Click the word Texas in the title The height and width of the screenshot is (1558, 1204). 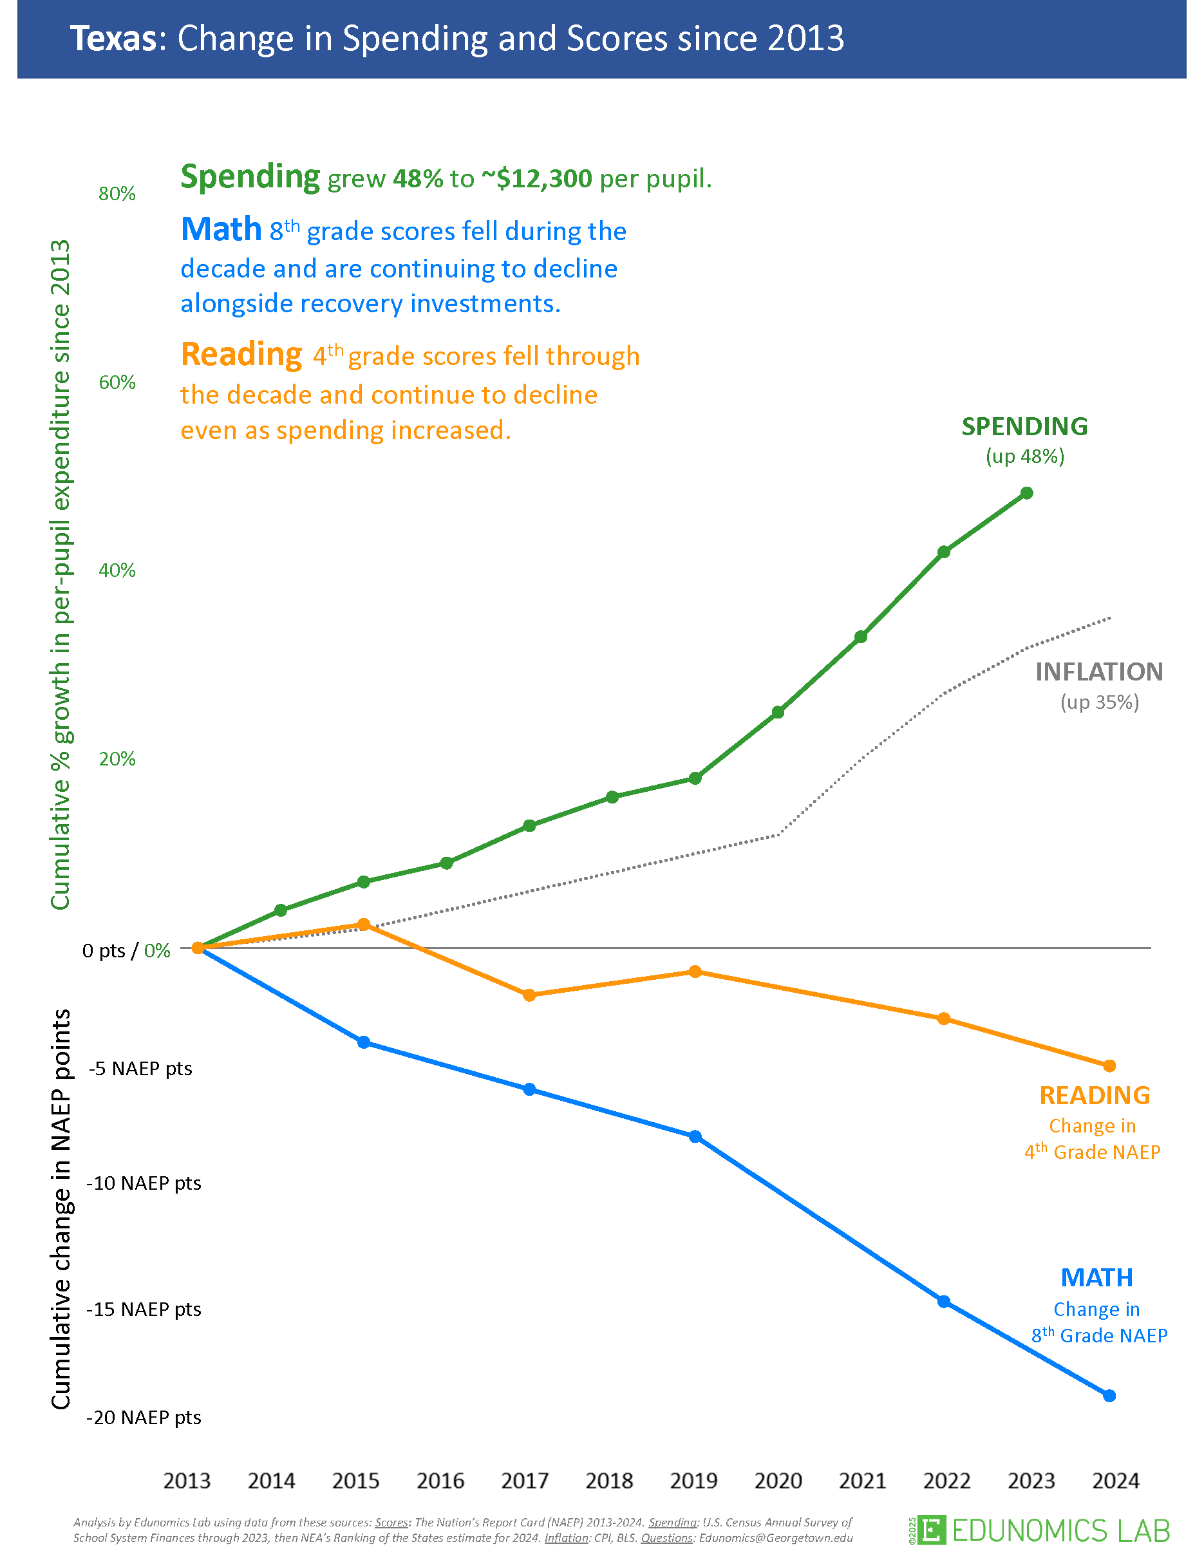(x=113, y=39)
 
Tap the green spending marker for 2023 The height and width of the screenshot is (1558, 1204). (x=1026, y=493)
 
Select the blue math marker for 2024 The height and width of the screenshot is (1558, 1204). (x=1109, y=1395)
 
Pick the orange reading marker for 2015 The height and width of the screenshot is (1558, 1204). (x=363, y=924)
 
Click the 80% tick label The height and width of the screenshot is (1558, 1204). (x=117, y=194)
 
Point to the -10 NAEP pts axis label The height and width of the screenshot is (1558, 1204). (x=144, y=1183)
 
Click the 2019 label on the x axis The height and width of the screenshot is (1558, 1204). (x=693, y=1481)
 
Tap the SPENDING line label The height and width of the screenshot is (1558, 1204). (x=1024, y=427)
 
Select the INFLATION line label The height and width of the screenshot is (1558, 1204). (x=1098, y=672)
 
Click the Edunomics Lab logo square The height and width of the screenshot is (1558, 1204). (x=932, y=1530)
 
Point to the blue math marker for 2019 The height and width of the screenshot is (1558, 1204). (x=695, y=1136)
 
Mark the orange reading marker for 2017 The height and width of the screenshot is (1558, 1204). (x=529, y=995)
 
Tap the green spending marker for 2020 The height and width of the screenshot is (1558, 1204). (x=778, y=712)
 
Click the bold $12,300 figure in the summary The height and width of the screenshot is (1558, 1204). (x=536, y=178)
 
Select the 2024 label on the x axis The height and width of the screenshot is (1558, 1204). (x=1116, y=1481)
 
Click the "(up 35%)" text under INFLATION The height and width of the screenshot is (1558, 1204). (x=1099, y=702)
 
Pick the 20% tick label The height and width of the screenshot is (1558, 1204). (x=117, y=759)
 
